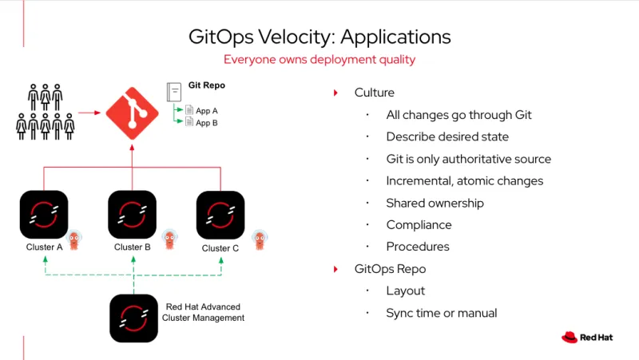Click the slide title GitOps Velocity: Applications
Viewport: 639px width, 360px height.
(x=319, y=37)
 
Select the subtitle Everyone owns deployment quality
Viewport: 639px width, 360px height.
(x=319, y=60)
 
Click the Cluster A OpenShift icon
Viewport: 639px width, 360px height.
(x=44, y=214)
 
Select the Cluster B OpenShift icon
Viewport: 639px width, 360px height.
(x=132, y=214)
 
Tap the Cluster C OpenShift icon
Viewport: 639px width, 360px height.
(x=220, y=214)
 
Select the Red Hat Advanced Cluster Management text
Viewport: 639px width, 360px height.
(x=203, y=312)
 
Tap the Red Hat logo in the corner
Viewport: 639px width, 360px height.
(x=587, y=337)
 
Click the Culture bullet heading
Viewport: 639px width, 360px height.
(x=375, y=93)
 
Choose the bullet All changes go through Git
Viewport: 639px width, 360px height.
(x=458, y=115)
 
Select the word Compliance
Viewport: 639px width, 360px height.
(x=419, y=225)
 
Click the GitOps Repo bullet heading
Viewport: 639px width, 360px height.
(x=390, y=269)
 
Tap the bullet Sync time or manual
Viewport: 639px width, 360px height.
(x=441, y=313)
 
